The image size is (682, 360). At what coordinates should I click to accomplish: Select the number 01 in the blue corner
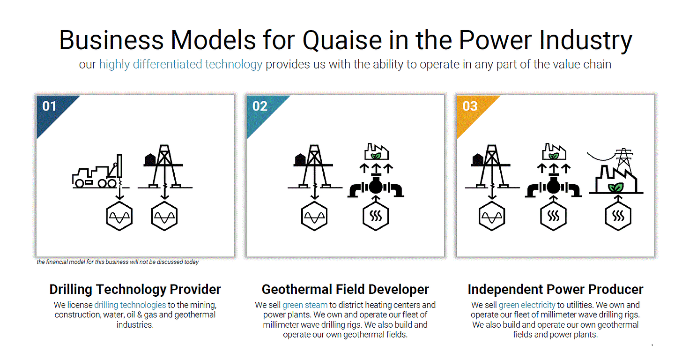[49, 106]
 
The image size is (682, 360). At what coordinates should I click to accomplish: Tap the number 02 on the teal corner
[259, 106]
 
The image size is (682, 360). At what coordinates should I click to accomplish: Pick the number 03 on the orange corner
[469, 106]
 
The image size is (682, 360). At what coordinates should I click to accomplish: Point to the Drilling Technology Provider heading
[135, 289]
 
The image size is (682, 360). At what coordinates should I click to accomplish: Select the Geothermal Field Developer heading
[345, 289]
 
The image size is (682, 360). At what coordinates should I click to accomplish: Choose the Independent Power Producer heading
[556, 289]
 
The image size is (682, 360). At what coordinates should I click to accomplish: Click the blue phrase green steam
[305, 305]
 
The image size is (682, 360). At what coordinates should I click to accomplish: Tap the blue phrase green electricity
[527, 305]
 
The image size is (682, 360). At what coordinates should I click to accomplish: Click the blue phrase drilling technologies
[130, 305]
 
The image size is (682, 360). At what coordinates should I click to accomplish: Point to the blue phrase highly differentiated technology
[181, 64]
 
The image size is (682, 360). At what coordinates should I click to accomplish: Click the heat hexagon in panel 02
[376, 217]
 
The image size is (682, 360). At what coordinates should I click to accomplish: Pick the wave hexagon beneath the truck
[119, 217]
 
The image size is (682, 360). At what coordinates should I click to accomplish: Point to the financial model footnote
[118, 262]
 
